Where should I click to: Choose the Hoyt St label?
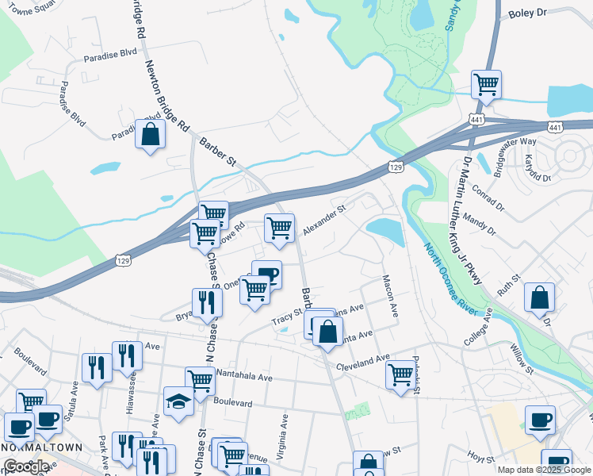pyautogui.click(x=480, y=456)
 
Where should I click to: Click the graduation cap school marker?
pyautogui.click(x=178, y=401)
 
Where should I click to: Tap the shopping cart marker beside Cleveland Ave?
pyautogui.click(x=401, y=371)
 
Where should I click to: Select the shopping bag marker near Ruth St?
pyautogui.click(x=539, y=298)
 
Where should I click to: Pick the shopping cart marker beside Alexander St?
pyautogui.click(x=279, y=228)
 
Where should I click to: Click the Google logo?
pyautogui.click(x=25, y=467)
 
